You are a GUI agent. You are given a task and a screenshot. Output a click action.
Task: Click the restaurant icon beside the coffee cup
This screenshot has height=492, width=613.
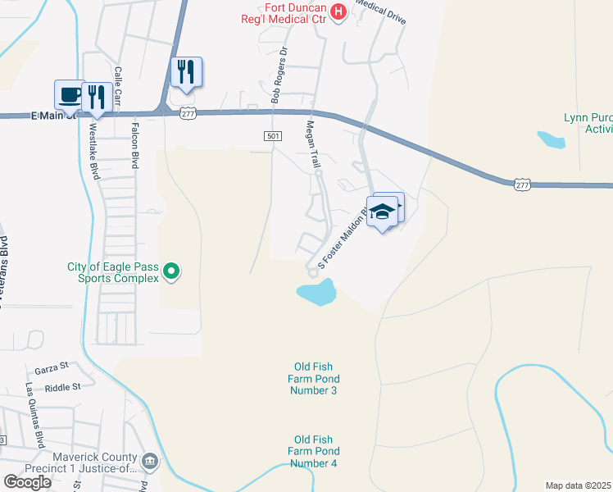(x=98, y=97)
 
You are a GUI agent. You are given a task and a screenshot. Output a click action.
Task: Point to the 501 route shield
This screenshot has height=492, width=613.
(x=274, y=134)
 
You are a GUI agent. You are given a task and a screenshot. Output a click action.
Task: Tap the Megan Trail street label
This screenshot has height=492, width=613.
(x=312, y=146)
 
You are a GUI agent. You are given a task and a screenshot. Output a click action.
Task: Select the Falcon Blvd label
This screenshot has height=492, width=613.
(x=133, y=144)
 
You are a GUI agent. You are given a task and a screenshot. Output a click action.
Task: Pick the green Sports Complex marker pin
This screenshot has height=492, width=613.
(x=171, y=270)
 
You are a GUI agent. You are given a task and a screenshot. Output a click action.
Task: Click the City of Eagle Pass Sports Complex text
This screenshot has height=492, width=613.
(x=113, y=272)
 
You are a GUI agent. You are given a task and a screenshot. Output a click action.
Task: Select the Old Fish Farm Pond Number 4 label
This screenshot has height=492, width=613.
(x=312, y=452)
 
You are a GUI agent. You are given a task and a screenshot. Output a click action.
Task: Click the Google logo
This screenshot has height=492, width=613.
(x=27, y=482)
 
